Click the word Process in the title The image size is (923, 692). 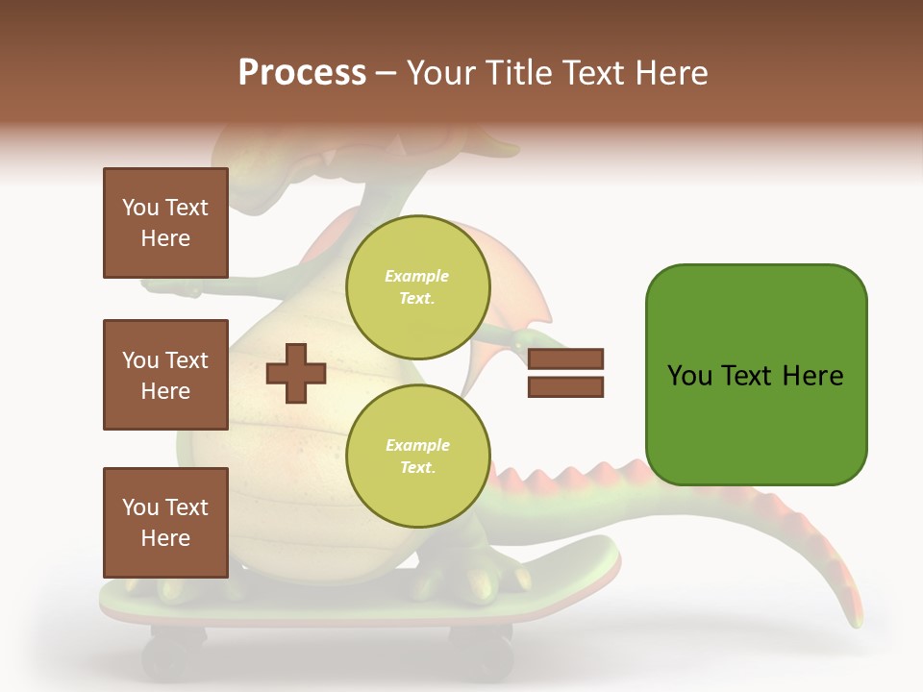(302, 73)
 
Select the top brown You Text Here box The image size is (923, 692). (165, 223)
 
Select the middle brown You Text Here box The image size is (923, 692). (165, 375)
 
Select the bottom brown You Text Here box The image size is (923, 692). (165, 523)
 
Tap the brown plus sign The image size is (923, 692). (295, 373)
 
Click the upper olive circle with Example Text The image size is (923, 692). (417, 286)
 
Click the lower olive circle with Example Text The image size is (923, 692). (417, 456)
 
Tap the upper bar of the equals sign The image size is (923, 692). (565, 359)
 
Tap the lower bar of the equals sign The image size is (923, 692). (565, 387)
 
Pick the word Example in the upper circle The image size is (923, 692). (417, 276)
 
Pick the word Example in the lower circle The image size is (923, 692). (417, 445)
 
